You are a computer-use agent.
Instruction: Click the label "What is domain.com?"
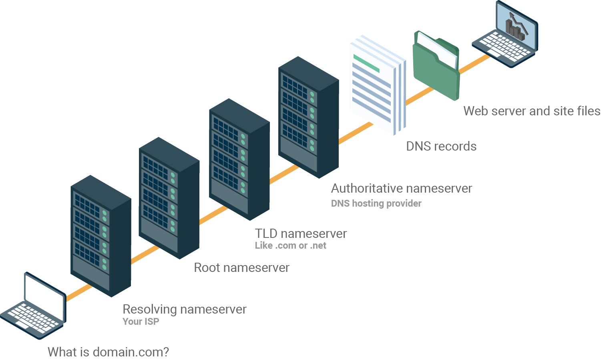[x=108, y=352]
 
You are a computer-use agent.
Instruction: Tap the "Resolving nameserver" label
[x=184, y=309]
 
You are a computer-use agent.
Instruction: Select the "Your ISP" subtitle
[x=141, y=322]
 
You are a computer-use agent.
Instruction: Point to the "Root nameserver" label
[x=241, y=267]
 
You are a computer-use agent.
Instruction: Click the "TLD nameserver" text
[x=301, y=233]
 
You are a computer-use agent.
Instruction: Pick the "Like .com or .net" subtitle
[x=291, y=245]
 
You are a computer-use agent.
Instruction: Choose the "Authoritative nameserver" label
[x=401, y=188]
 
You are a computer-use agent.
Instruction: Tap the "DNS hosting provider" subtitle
[x=376, y=203]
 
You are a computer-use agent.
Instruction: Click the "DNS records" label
[x=441, y=146]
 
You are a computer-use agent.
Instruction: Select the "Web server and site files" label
[x=532, y=111]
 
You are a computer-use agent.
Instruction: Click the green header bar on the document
[x=366, y=63]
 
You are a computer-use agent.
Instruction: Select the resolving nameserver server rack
[x=101, y=236]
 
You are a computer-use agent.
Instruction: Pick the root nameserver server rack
[x=169, y=198]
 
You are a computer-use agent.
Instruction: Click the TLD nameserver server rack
[x=239, y=159]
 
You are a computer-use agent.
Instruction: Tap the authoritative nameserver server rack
[x=308, y=117]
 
